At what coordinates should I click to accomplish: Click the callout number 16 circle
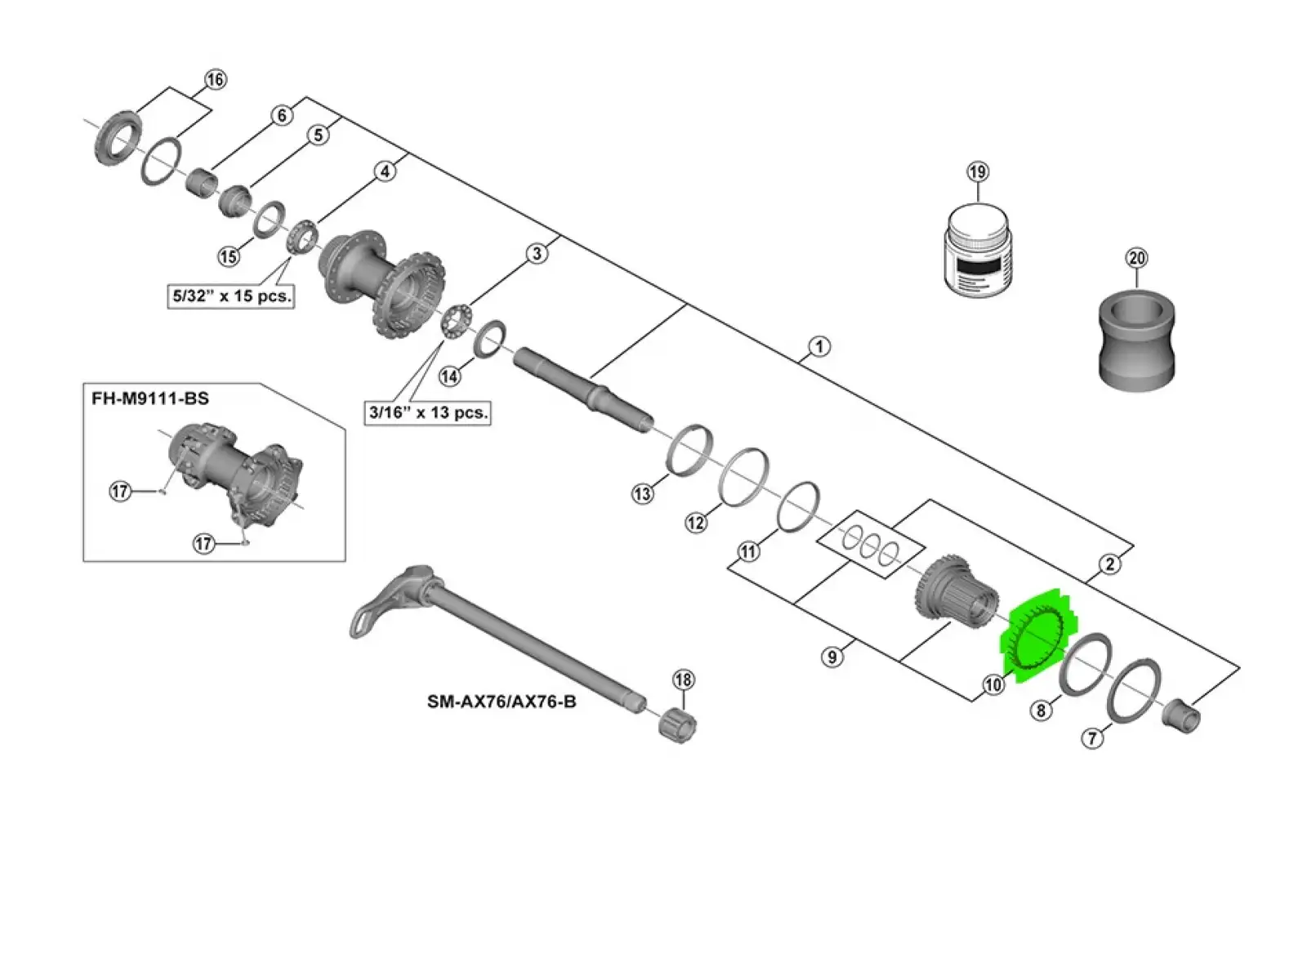[x=215, y=79]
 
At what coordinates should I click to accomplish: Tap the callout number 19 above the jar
[x=978, y=172]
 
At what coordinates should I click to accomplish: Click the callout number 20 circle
[x=1137, y=258]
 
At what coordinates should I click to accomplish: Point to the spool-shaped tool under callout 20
[x=1137, y=341]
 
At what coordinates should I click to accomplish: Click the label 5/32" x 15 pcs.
[x=231, y=296]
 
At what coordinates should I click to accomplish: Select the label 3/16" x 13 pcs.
[x=427, y=412]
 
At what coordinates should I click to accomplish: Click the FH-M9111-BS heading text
[x=150, y=399]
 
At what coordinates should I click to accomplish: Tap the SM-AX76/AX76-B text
[x=502, y=702]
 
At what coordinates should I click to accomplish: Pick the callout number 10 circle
[x=993, y=685]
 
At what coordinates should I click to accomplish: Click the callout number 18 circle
[x=684, y=680]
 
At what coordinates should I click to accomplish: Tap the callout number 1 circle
[x=819, y=346]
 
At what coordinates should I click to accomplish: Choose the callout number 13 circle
[x=642, y=493]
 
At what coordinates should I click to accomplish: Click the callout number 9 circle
[x=832, y=657]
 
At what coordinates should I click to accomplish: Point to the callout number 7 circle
[x=1092, y=738]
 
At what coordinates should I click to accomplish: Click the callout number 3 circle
[x=537, y=253]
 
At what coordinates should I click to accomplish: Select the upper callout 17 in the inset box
[x=120, y=492]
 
